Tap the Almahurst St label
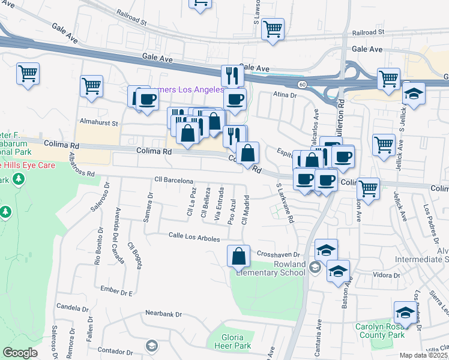[x=99, y=122]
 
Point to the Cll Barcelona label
[x=173, y=180]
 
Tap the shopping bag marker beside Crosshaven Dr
[x=239, y=256]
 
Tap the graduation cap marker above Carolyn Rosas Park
[x=405, y=313]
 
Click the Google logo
[x=20, y=353]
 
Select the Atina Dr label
[x=285, y=95]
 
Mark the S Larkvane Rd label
[x=284, y=204]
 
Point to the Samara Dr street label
[x=148, y=206]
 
